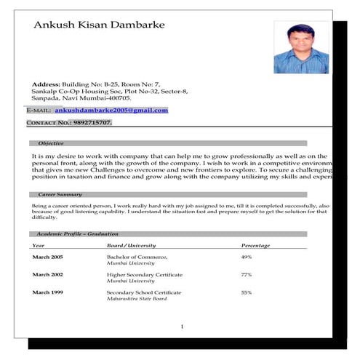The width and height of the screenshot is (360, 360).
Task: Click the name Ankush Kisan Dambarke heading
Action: point(100,25)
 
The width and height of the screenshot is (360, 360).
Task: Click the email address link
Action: point(111,110)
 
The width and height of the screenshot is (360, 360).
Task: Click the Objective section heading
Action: point(51,143)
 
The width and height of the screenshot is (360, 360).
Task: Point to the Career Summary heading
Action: point(60,195)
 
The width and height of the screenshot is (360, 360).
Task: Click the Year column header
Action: point(39,245)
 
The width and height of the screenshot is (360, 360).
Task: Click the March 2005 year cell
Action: point(47,257)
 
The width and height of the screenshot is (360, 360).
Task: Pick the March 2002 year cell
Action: point(47,275)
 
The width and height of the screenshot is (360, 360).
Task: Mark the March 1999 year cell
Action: point(47,292)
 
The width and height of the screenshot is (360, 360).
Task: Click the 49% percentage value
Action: point(247,257)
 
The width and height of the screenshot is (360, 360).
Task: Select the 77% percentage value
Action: point(247,275)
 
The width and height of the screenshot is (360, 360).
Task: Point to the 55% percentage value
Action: point(247,292)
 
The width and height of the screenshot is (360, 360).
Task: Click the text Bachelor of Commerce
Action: point(137,257)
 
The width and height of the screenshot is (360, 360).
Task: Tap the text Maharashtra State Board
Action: point(137,299)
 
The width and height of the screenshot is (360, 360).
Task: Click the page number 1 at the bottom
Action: point(181,326)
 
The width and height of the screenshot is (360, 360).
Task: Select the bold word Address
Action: point(45,84)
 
